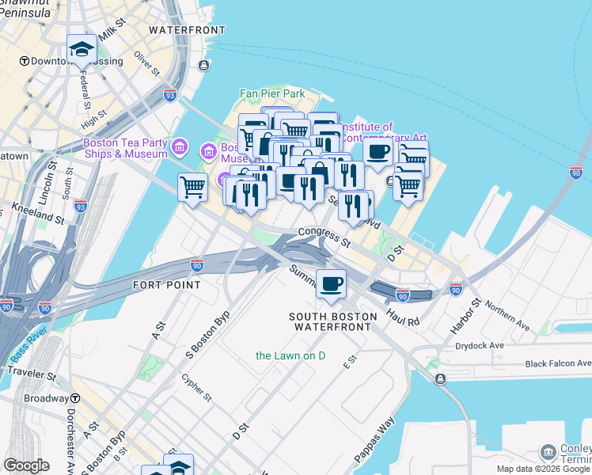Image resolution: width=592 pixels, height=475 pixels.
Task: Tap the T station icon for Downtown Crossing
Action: (x=25, y=61)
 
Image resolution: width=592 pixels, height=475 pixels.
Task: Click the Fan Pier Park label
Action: (x=272, y=93)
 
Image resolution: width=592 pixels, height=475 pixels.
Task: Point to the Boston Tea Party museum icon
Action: (x=180, y=146)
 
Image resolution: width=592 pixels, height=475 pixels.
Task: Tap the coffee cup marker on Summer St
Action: (x=331, y=283)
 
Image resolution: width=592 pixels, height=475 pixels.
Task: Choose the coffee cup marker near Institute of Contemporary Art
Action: (x=378, y=152)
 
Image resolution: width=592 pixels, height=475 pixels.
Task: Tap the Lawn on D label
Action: (x=290, y=355)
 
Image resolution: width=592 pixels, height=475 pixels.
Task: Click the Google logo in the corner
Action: (x=26, y=465)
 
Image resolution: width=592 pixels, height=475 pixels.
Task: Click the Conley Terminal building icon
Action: (x=548, y=452)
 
